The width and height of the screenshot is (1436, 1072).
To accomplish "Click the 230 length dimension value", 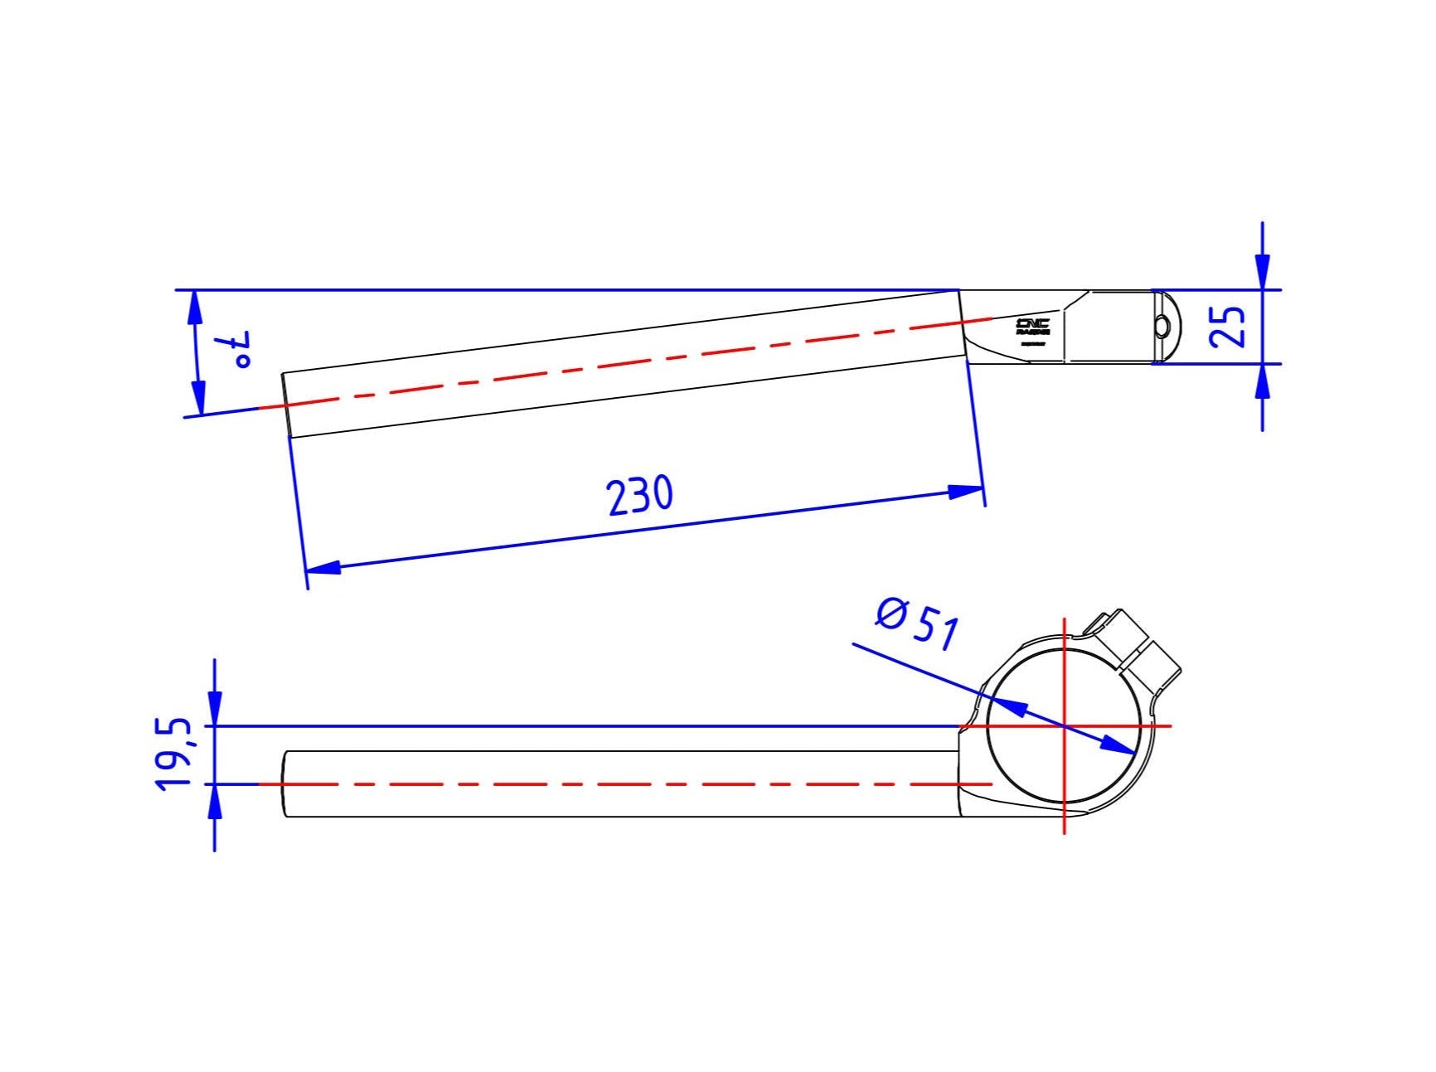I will [639, 496].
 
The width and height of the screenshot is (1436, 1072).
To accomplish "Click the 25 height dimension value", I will [1228, 326].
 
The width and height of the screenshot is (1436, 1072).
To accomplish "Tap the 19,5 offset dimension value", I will [173, 754].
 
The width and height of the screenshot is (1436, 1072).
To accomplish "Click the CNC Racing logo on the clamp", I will [1033, 327].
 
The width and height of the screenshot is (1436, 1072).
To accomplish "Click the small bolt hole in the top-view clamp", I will [1162, 327].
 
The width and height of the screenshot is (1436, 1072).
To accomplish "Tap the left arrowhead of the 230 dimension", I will [323, 568].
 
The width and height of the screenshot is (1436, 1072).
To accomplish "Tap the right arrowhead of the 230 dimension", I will [966, 492].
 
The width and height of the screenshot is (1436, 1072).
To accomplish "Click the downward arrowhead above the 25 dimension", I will [1262, 272].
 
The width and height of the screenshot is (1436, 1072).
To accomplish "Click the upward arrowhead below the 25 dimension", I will [1262, 382].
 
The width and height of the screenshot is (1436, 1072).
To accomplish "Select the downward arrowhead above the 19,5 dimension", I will [215, 709].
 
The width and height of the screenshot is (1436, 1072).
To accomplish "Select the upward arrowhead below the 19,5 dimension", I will [215, 801].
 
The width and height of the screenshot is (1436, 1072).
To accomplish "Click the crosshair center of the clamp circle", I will [1064, 726].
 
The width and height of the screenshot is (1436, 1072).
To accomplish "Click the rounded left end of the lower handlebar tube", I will [286, 783].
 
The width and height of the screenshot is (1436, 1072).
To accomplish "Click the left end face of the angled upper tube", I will [286, 405].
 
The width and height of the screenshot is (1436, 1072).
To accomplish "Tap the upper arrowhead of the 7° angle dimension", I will [196, 308].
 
